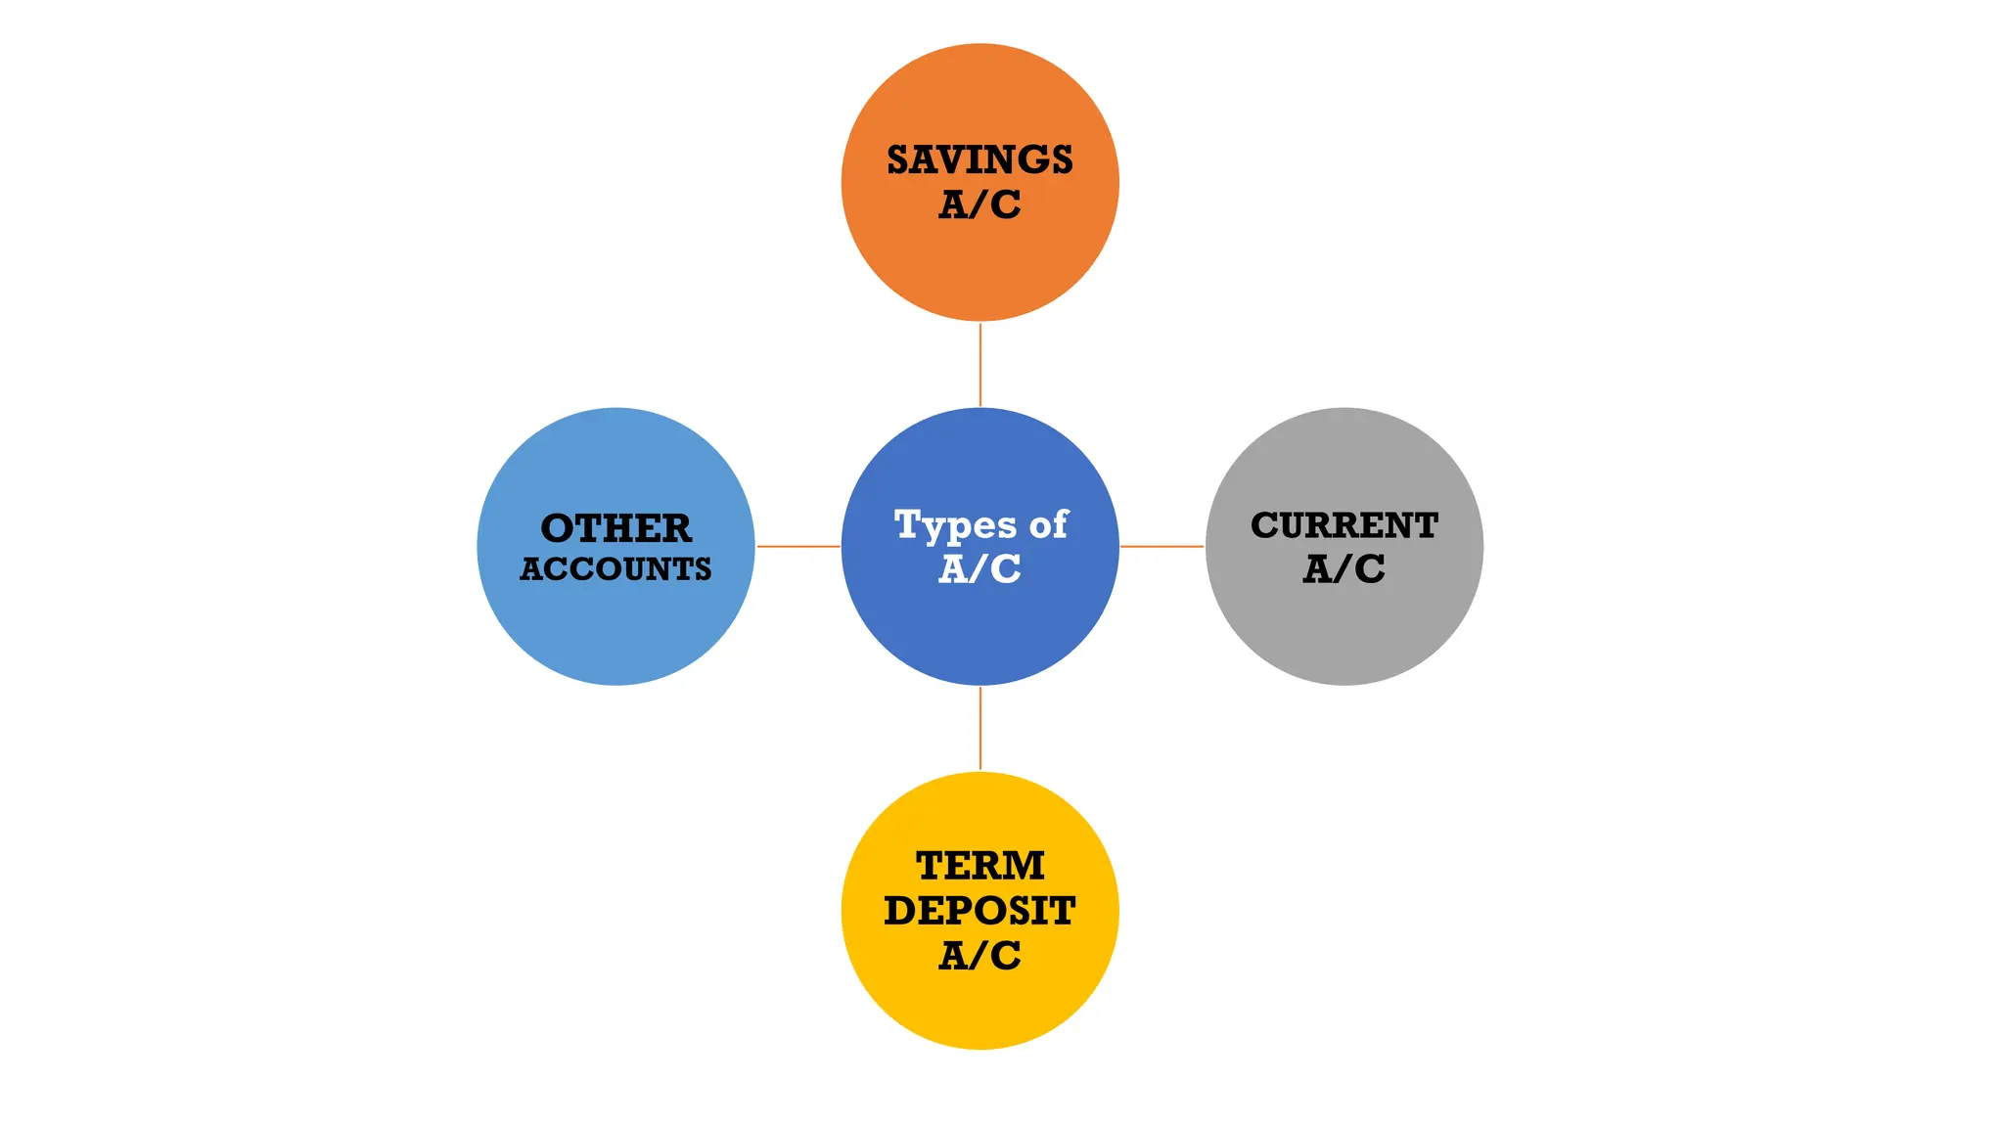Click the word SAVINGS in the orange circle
[x=979, y=159]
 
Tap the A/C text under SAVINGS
[x=979, y=204]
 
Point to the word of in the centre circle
[x=1048, y=524]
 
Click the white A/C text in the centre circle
[x=979, y=568]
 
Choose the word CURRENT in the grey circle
[x=1344, y=525]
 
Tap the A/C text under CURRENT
[x=1344, y=568]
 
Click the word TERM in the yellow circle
[x=979, y=866]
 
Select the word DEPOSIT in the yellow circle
[x=979, y=911]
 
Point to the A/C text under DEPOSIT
[x=979, y=955]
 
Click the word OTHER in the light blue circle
[x=615, y=528]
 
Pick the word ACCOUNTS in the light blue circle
[x=615, y=569]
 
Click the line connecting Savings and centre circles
[x=979, y=364]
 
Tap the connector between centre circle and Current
[x=1161, y=546]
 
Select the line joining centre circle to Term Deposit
[x=979, y=728]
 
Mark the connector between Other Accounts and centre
[x=797, y=546]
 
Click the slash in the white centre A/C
[x=979, y=568]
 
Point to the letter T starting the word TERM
[x=931, y=866]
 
